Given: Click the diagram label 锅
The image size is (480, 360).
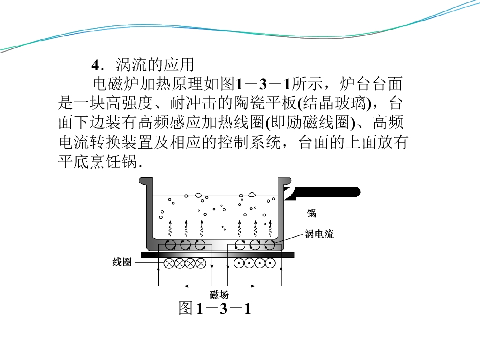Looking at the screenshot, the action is tap(312, 213).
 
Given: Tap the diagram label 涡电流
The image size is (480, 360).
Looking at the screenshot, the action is tap(319, 234).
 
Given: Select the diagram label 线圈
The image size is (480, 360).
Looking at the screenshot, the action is tap(122, 262).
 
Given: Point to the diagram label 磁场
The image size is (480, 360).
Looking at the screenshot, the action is tap(219, 294).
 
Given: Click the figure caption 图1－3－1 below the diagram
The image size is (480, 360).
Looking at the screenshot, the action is tap(215, 308).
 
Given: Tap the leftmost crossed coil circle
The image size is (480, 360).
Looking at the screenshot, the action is tap(169, 263).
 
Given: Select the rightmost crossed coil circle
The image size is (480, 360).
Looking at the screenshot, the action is tap(201, 263).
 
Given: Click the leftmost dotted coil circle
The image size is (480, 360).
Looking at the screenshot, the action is tap(239, 263).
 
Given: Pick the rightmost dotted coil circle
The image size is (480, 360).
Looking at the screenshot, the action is tap(270, 263).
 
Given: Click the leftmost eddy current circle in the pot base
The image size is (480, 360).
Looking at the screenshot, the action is tap(170, 245).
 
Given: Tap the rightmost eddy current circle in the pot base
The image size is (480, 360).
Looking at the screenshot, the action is tap(269, 245).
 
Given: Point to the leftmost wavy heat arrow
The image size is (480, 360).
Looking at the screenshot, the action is tap(170, 228).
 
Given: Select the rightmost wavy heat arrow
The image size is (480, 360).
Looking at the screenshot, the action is tap(270, 228).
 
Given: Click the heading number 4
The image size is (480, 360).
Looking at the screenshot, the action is tap(96, 65).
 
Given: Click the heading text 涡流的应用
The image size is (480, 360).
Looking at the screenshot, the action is tap(155, 65).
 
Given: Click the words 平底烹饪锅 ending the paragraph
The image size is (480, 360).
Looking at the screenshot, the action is tap(98, 161).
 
